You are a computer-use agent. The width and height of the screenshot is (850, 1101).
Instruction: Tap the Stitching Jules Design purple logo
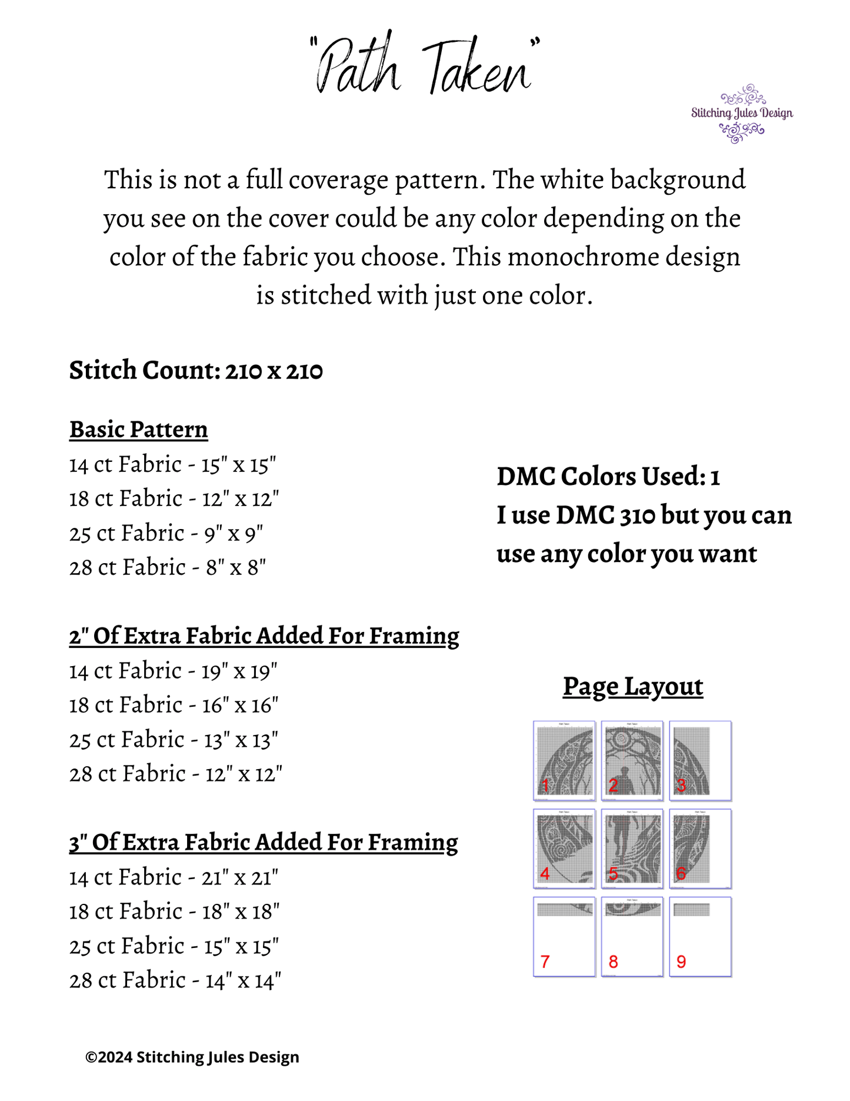[x=742, y=113]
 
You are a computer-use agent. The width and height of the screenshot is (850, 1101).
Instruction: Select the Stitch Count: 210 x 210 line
[x=196, y=371]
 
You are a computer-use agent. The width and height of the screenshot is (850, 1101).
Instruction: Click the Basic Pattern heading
[x=139, y=430]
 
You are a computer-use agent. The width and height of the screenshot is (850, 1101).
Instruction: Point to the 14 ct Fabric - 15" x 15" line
[x=172, y=465]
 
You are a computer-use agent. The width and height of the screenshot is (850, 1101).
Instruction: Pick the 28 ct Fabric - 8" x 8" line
[x=168, y=568]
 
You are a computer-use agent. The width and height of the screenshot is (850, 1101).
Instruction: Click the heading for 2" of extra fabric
[x=264, y=636]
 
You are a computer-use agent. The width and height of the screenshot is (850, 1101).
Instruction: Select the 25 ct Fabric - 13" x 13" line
[x=174, y=740]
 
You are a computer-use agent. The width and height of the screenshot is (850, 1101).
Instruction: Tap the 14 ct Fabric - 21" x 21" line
[x=174, y=877]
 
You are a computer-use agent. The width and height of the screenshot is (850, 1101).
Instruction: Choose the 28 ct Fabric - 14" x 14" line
[x=175, y=980]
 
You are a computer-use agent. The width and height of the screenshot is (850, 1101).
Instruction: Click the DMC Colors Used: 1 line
[x=608, y=477]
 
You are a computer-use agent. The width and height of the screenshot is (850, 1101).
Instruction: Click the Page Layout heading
[x=633, y=687]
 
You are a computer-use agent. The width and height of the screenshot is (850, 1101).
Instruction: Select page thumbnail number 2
[x=632, y=760]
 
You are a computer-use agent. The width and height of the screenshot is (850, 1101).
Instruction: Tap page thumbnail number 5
[x=632, y=849]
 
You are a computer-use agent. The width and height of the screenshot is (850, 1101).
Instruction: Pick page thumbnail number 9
[x=701, y=937]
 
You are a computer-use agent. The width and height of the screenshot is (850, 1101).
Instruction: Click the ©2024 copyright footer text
[x=192, y=1057]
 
